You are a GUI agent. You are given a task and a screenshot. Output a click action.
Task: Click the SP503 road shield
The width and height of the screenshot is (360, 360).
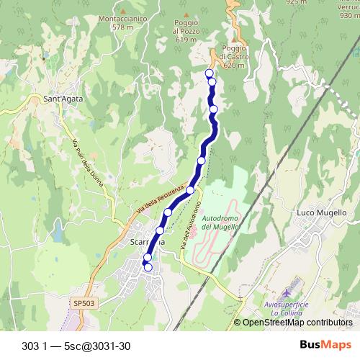(84, 305)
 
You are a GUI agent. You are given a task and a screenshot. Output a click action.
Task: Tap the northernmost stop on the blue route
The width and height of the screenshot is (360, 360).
(210, 73)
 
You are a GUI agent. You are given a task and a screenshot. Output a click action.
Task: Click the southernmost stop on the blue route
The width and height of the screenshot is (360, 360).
(148, 267)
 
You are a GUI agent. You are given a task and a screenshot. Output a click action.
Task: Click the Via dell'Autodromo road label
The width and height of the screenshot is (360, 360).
(189, 226)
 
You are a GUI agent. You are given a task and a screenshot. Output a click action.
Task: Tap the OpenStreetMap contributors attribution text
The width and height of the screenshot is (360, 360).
(297, 323)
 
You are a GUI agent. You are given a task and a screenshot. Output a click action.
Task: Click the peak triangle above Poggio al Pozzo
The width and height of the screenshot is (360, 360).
(186, 14)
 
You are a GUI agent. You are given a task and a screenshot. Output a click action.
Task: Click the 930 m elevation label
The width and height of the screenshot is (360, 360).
(349, 14)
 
